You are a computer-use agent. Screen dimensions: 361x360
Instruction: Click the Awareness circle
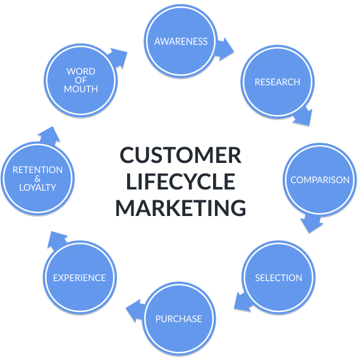coord(181,41)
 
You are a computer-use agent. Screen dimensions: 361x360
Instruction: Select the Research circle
coord(278,81)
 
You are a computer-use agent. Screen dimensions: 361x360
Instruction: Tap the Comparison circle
coord(320,179)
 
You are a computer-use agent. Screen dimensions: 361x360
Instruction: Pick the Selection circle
coord(279,277)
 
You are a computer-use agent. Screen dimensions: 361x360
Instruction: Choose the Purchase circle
coord(179,318)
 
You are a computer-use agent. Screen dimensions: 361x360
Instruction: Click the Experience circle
coord(80,277)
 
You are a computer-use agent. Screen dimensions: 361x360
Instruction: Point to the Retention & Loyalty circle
coord(37,179)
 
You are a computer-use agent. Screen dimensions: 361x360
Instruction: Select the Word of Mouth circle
coord(80,80)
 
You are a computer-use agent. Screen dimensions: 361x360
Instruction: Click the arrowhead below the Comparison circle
coord(311,224)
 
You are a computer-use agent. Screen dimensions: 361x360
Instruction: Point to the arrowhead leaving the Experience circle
coord(56,240)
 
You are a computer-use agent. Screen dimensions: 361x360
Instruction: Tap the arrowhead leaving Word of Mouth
coord(118,57)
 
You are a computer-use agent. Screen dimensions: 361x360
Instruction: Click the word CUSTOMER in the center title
coord(180,155)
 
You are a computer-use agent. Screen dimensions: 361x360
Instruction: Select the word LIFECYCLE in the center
coord(181,181)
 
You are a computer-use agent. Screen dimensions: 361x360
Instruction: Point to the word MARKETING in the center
coord(181,208)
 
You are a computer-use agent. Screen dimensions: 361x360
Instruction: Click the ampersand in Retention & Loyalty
coord(37,179)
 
